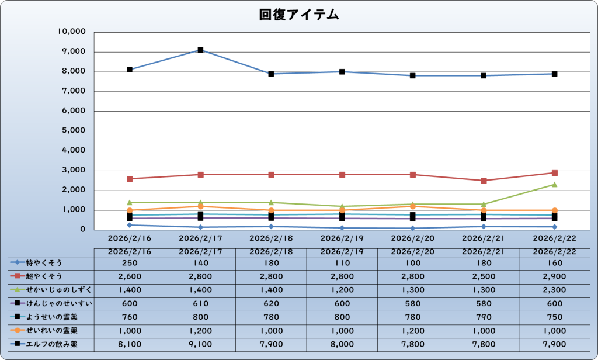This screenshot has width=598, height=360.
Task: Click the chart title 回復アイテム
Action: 298,15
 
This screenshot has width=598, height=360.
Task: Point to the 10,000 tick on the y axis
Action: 73,32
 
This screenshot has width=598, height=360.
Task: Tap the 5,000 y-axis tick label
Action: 74,131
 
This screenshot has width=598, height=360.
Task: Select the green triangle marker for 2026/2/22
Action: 554,184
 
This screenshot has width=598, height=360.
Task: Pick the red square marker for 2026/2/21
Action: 484,181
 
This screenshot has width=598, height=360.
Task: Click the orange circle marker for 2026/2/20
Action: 413,206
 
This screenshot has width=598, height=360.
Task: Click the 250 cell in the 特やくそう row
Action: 130,262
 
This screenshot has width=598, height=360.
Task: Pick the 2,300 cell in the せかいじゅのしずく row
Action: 554,290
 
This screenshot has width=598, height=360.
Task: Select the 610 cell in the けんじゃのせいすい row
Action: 200,303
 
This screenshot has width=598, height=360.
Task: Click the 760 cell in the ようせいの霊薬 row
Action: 130,317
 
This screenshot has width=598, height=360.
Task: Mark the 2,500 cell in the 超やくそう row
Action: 484,276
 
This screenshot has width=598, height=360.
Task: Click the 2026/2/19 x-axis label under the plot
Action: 342,238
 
